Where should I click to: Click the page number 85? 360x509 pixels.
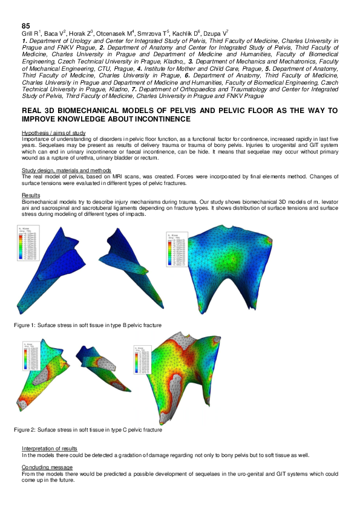point(26,25)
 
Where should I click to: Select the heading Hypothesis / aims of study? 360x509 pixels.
point(53,132)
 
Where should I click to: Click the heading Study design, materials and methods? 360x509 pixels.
point(65,170)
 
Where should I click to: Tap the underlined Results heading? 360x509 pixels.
point(31,196)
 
